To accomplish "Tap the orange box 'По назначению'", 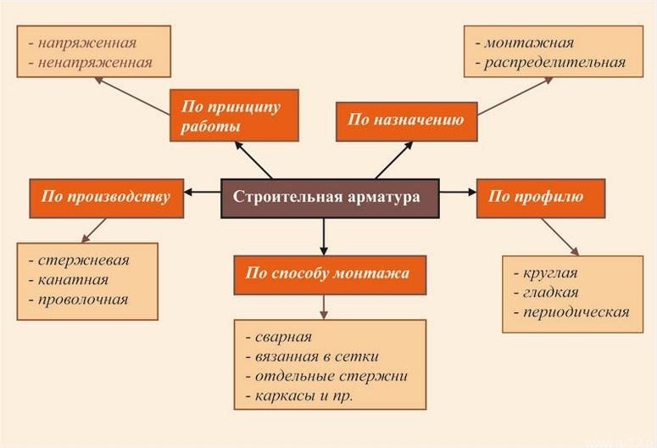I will pos(406,120).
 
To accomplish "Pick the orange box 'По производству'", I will pos(106,197).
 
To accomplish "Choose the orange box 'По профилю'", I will pos(540,197).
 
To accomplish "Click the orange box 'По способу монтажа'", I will pos(330,273).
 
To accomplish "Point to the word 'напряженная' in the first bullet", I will pos(86,42).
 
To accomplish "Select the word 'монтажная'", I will pos(529,42).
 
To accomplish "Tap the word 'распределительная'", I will pos(555,62).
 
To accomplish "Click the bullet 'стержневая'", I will pos(83,260).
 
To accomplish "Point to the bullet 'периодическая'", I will pos(576,311).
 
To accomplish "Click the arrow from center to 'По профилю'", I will pos(458,193).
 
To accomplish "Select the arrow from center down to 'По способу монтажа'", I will pos(324,236).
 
